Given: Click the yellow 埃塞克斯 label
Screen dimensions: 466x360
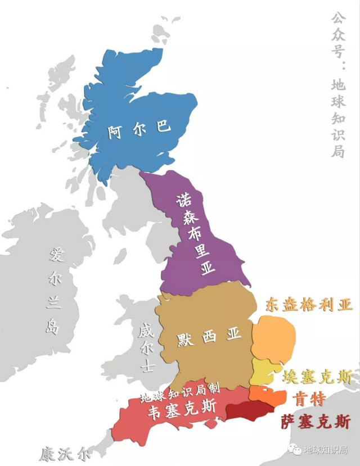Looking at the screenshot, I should pyautogui.click(x=317, y=377).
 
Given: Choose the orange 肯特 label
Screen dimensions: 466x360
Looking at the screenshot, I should pyautogui.click(x=309, y=399).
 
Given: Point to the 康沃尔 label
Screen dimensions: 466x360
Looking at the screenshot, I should pyautogui.click(x=64, y=453).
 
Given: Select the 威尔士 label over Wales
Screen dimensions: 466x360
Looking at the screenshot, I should pyautogui.click(x=146, y=348).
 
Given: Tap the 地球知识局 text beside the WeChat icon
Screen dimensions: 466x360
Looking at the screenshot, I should pyautogui.click(x=325, y=450).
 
